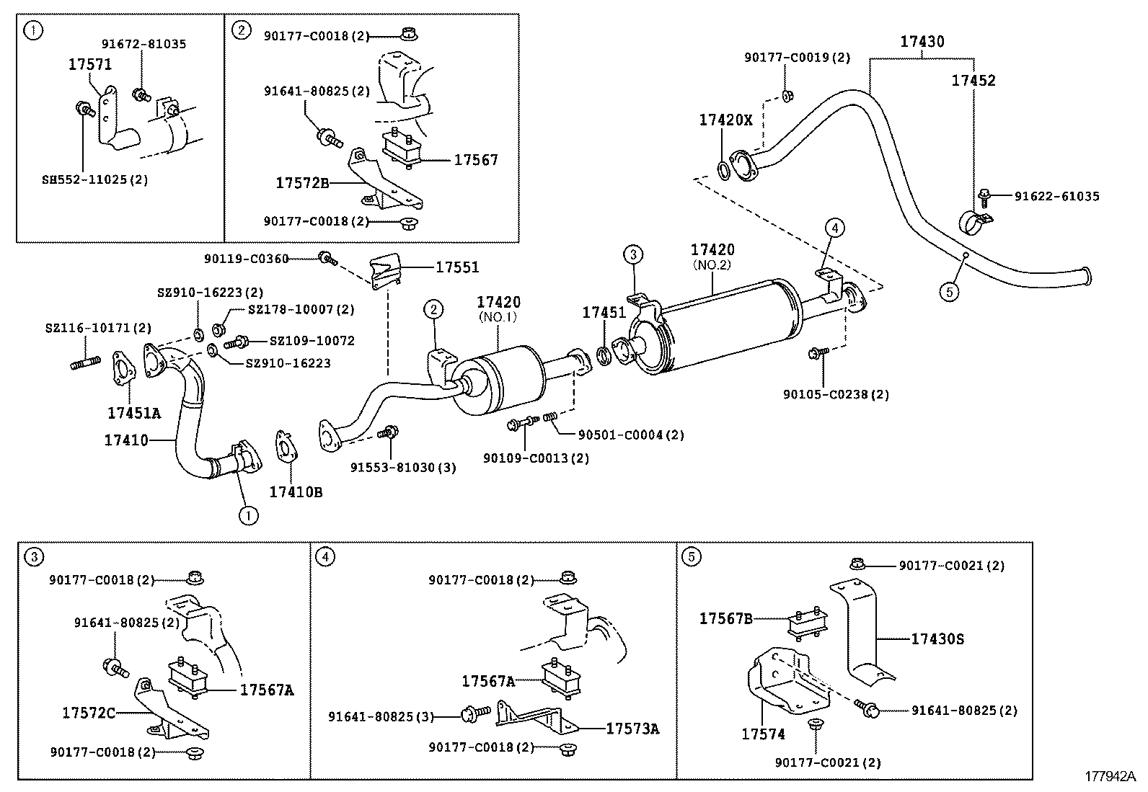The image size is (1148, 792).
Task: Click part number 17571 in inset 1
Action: point(90,64)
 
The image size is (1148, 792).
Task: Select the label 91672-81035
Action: point(143,44)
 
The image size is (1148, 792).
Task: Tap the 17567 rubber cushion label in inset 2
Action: point(476,160)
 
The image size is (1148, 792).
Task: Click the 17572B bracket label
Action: point(302,183)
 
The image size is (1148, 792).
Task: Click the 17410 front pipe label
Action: point(126,440)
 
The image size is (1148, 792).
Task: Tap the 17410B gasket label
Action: point(296,492)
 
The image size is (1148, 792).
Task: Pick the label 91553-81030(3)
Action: point(403,467)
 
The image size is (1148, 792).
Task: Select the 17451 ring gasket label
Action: point(604,312)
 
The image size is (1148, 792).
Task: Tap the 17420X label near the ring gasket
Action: point(725,120)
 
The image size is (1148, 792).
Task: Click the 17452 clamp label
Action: point(973,81)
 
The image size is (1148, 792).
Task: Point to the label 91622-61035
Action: point(1056,196)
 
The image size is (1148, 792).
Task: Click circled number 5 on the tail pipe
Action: point(950,291)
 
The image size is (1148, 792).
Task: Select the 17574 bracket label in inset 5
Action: point(763,734)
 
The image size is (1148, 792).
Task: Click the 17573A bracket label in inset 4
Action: point(632,729)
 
